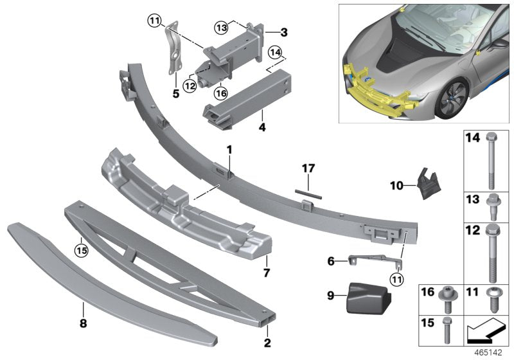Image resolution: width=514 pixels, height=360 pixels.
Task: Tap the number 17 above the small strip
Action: [x=309, y=168]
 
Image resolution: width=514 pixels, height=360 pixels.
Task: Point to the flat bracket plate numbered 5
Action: [x=173, y=55]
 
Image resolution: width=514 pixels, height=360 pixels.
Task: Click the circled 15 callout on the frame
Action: [x=80, y=246]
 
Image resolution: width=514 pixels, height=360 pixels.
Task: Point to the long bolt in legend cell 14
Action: [x=492, y=158]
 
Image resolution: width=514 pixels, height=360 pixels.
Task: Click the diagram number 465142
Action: [x=492, y=353]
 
